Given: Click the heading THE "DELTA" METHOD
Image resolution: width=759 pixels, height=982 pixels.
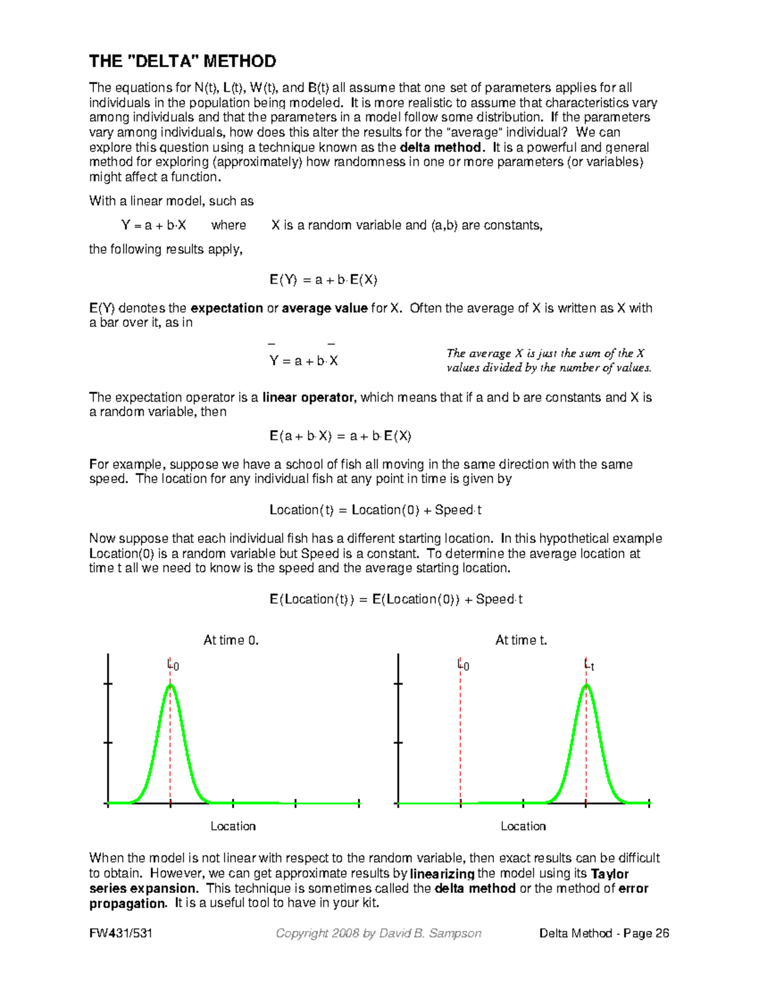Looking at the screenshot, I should (182, 61).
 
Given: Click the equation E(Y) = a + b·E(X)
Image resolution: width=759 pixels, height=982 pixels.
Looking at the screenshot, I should (323, 279).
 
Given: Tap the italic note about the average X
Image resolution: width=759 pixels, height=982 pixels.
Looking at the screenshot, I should (548, 360).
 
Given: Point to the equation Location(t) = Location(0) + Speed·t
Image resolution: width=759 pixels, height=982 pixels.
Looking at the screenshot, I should (376, 510).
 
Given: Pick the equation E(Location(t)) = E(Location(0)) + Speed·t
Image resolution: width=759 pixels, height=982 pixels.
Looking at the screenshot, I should (396, 599).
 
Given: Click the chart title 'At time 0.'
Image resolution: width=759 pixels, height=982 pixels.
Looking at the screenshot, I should (231, 640).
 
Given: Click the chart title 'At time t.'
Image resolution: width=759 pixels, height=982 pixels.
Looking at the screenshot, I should (521, 640).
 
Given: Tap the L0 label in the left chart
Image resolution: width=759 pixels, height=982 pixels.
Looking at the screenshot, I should (173, 665).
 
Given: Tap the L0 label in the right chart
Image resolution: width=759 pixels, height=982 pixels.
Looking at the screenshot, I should (463, 665).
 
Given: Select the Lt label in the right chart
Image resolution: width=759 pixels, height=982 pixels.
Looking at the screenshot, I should (588, 665).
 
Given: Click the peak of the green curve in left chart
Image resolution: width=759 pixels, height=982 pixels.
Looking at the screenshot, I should (170, 685).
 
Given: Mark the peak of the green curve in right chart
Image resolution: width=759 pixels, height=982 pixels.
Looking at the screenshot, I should (586, 685).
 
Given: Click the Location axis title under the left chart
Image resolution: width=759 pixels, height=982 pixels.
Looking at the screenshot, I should (233, 826).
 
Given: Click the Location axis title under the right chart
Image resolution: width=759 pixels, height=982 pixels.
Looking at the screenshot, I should (523, 826).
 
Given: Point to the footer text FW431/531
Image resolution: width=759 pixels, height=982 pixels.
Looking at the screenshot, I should (120, 933).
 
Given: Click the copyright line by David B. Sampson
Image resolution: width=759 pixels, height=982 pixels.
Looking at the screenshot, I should (378, 933).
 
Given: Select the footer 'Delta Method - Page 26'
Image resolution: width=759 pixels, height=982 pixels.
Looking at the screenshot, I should (604, 933).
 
